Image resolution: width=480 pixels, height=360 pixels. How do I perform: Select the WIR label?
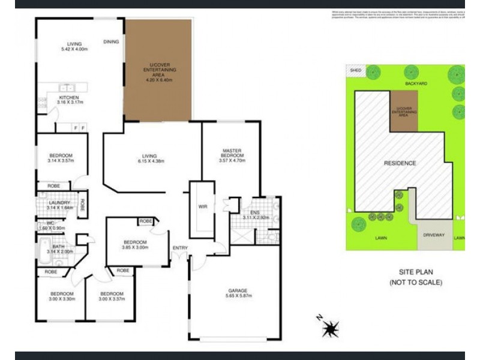pos(203,207)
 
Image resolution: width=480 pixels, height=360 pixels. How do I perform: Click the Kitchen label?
pos(68,98)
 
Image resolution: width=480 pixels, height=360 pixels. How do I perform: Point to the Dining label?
pos(111,42)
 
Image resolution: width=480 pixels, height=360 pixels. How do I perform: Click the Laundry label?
pos(59,203)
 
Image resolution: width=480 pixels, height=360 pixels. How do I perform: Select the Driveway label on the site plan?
pos(433,235)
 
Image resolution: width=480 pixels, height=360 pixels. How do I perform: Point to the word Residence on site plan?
pos(400,163)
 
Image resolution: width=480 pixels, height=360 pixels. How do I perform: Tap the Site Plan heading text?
pos(415,271)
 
